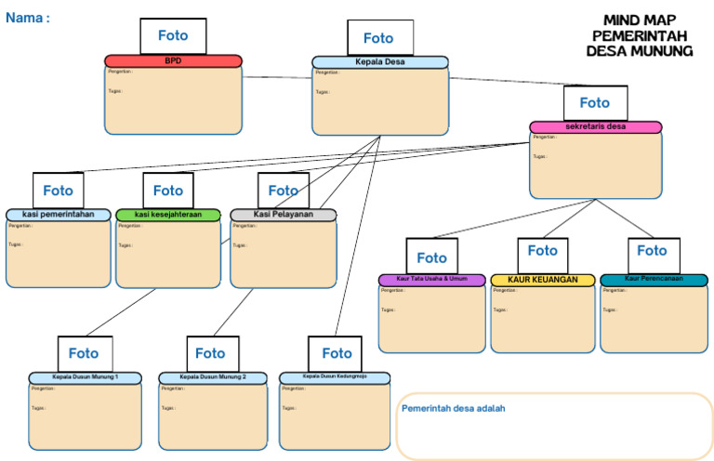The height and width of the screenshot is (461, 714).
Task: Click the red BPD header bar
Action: (x=173, y=61)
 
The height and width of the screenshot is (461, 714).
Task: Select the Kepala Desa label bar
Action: (x=379, y=62)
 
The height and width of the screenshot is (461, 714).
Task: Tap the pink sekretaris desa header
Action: (x=595, y=127)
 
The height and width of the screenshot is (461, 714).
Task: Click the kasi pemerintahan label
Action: (x=58, y=215)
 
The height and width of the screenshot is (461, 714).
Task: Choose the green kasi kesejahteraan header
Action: (x=168, y=215)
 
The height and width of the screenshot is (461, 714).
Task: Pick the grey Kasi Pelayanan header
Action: (x=283, y=215)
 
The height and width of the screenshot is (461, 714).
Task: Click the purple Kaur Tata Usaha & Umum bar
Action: (x=431, y=280)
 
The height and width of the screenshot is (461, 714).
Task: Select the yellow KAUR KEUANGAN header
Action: (x=542, y=280)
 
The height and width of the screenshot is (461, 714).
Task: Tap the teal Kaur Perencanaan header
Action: (x=653, y=280)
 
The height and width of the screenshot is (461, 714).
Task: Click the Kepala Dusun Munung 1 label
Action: (x=85, y=377)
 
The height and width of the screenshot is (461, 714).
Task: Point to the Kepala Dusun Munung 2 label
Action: (x=212, y=377)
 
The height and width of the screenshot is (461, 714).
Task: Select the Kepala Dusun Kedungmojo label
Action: (x=335, y=377)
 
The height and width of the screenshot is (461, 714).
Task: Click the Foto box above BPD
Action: (x=173, y=36)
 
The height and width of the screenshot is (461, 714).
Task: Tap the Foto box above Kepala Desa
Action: (x=378, y=38)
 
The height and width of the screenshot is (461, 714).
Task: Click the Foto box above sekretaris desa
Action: (x=595, y=103)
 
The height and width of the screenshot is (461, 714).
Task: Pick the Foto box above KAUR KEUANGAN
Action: (x=542, y=251)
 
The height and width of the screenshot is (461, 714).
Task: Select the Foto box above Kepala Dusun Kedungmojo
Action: (x=337, y=353)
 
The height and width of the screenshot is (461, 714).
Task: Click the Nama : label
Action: (x=28, y=18)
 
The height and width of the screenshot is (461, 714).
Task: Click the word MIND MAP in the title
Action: (x=640, y=20)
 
